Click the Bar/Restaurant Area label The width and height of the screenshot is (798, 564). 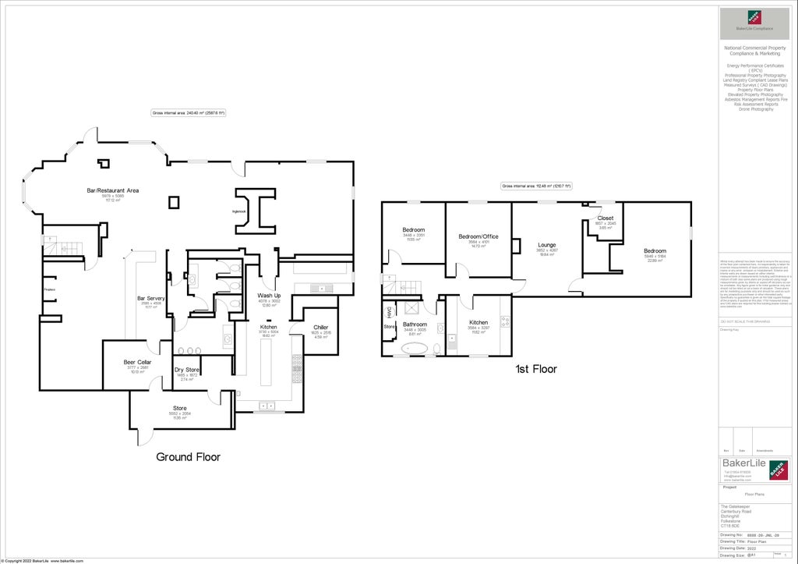click(112, 190)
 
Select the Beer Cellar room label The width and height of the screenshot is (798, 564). click(137, 363)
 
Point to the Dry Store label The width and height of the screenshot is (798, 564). click(186, 370)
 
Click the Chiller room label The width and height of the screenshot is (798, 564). click(320, 327)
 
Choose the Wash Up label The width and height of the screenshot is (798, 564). click(269, 296)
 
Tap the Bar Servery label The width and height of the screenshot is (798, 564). click(151, 298)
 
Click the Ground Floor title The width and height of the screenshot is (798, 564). click(188, 457)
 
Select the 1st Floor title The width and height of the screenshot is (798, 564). click(536, 369)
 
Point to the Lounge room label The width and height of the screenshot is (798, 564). click(546, 244)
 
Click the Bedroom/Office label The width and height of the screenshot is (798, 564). click(478, 236)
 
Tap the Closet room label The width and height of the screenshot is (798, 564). click(605, 218)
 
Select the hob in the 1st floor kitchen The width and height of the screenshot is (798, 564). click(505, 321)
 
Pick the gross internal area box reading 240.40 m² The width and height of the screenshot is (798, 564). click(189, 113)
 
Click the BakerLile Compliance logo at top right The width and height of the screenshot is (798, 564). click(754, 19)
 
